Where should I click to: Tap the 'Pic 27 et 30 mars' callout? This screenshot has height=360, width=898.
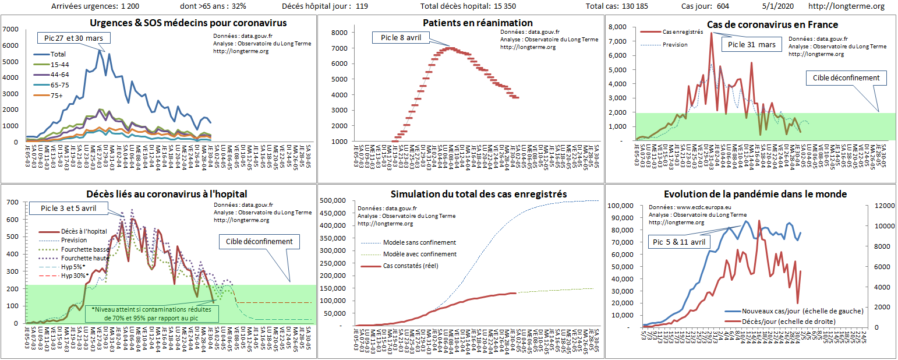pyautogui.click(x=73, y=38)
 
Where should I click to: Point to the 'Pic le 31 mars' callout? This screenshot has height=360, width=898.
pyautogui.click(x=752, y=44)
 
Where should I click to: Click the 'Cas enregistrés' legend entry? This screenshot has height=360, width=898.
pyautogui.click(x=683, y=33)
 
